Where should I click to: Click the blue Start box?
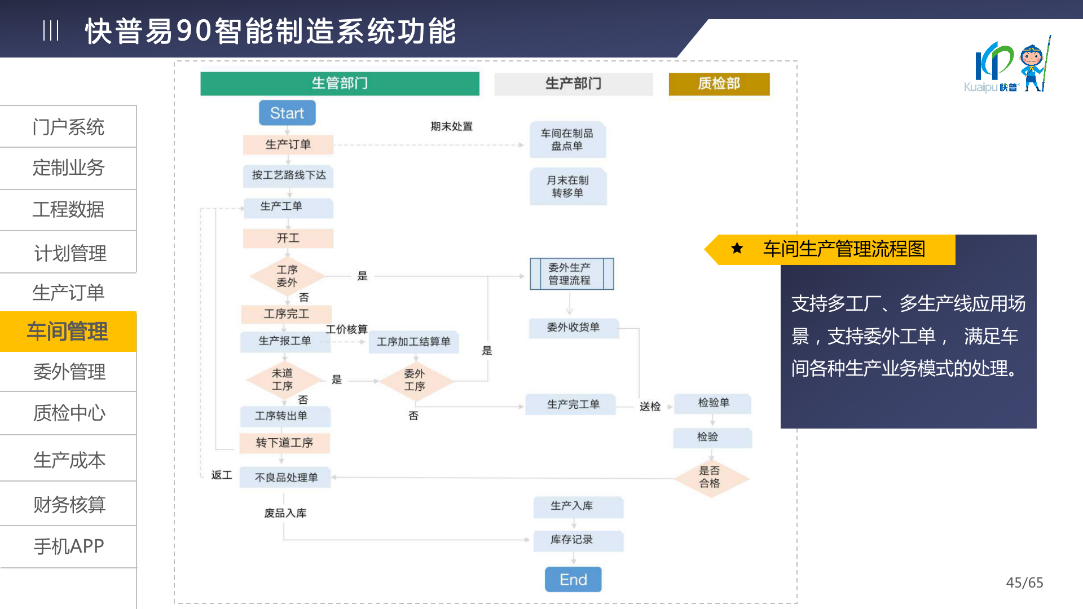pos(287,113)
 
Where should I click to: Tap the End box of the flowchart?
pos(573,580)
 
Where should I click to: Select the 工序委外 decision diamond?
pos(287,276)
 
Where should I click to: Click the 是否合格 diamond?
pos(710,477)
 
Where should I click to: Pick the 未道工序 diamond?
pos(283,379)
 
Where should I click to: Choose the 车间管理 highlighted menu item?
pos(68,332)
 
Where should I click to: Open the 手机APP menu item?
pos(68,546)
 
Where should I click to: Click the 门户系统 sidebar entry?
pos(68,127)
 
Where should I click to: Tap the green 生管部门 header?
pos(340,83)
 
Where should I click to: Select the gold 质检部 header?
pos(719,83)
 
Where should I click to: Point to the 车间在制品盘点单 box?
pos(567,139)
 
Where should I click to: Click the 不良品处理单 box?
pos(286,478)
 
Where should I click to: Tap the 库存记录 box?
pos(572,540)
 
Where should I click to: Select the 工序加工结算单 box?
pos(413,342)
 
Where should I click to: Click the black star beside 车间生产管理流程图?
pos(737,248)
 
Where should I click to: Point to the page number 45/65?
pos(1024,582)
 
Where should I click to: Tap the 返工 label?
pos(222,475)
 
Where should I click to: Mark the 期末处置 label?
pos(451,126)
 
